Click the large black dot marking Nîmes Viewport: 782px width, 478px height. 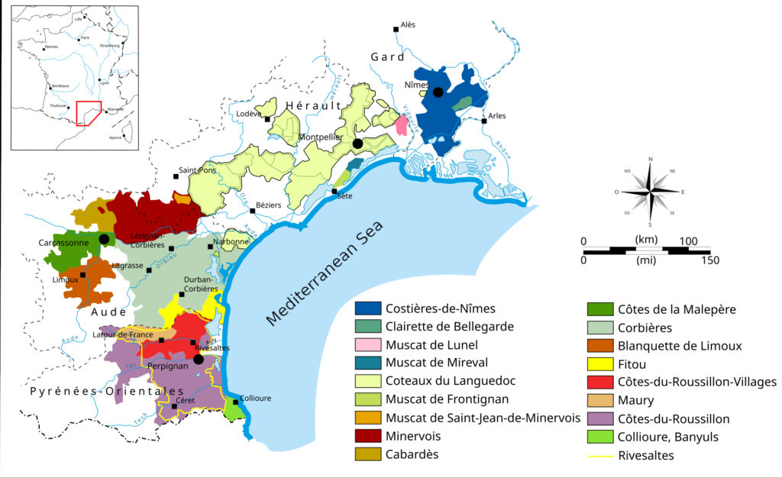point(438,92)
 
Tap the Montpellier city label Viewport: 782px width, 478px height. point(321,137)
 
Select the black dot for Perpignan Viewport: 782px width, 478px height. point(199,359)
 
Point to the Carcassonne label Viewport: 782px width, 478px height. point(64,242)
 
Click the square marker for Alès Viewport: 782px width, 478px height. point(396,30)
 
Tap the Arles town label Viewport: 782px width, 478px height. point(497,116)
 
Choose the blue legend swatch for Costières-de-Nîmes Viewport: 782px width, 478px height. point(368,309)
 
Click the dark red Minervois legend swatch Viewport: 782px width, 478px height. point(368,437)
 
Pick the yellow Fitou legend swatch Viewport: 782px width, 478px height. point(599,364)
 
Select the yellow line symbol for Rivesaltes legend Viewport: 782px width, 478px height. point(599,456)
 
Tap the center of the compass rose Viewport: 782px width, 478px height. point(651,191)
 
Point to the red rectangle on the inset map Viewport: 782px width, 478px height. point(89,112)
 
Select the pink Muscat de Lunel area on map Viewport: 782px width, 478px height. point(401,125)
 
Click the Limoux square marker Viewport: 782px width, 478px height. point(83,274)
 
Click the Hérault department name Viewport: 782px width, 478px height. point(311,105)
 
